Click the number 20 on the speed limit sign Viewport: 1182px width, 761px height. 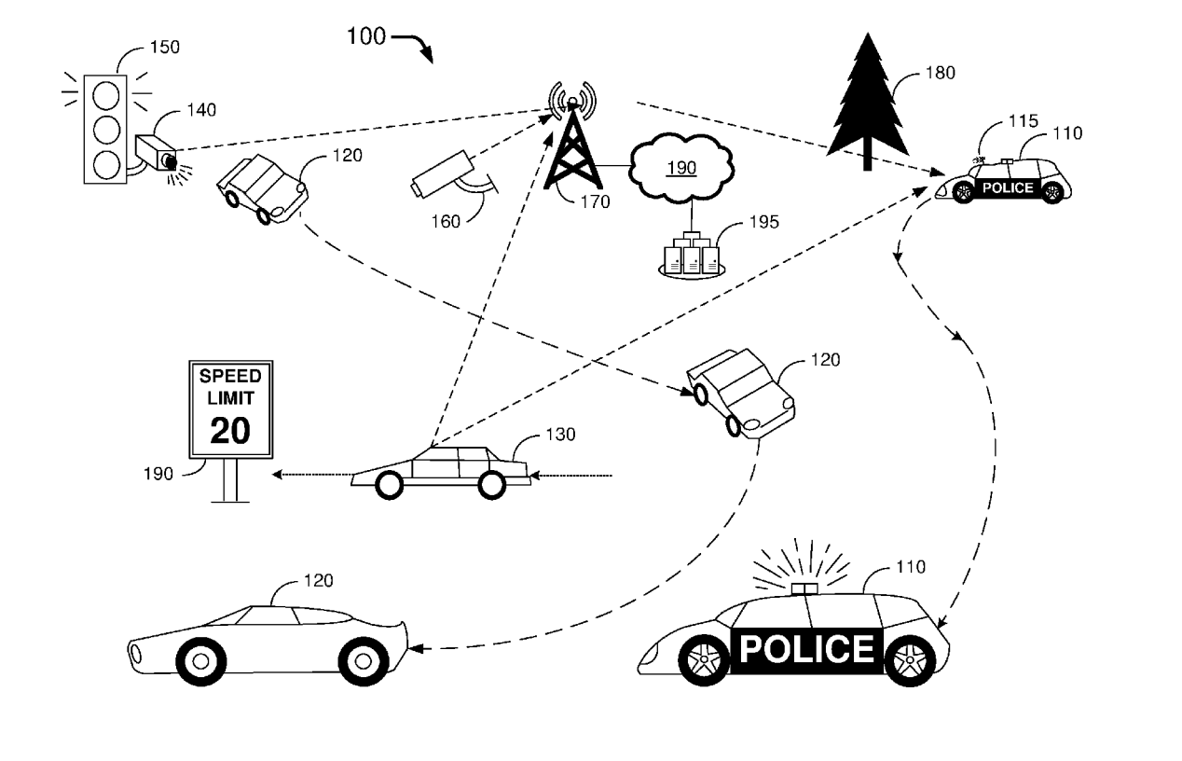point(230,430)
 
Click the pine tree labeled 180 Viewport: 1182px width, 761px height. point(867,103)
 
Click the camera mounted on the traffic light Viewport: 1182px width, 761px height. point(156,153)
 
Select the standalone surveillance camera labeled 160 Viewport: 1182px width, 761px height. point(444,173)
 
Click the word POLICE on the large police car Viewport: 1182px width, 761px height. point(807,647)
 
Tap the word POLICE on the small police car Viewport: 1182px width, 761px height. point(1008,188)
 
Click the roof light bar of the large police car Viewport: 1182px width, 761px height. point(803,588)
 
